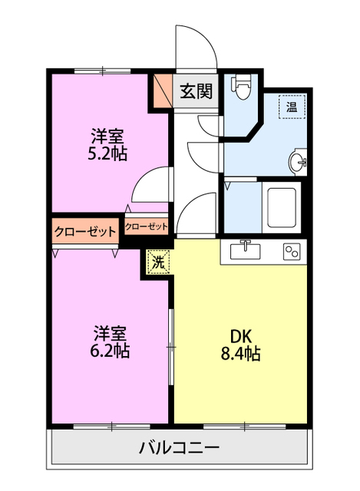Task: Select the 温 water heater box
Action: coord(292,106)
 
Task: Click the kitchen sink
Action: coord(245,250)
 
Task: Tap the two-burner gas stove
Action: coord(291,251)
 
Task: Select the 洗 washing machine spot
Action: coord(157,262)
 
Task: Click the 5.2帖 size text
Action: coord(107,153)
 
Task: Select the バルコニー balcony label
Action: coord(180,448)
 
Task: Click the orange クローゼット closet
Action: coord(85,230)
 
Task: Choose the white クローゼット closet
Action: coord(146,226)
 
